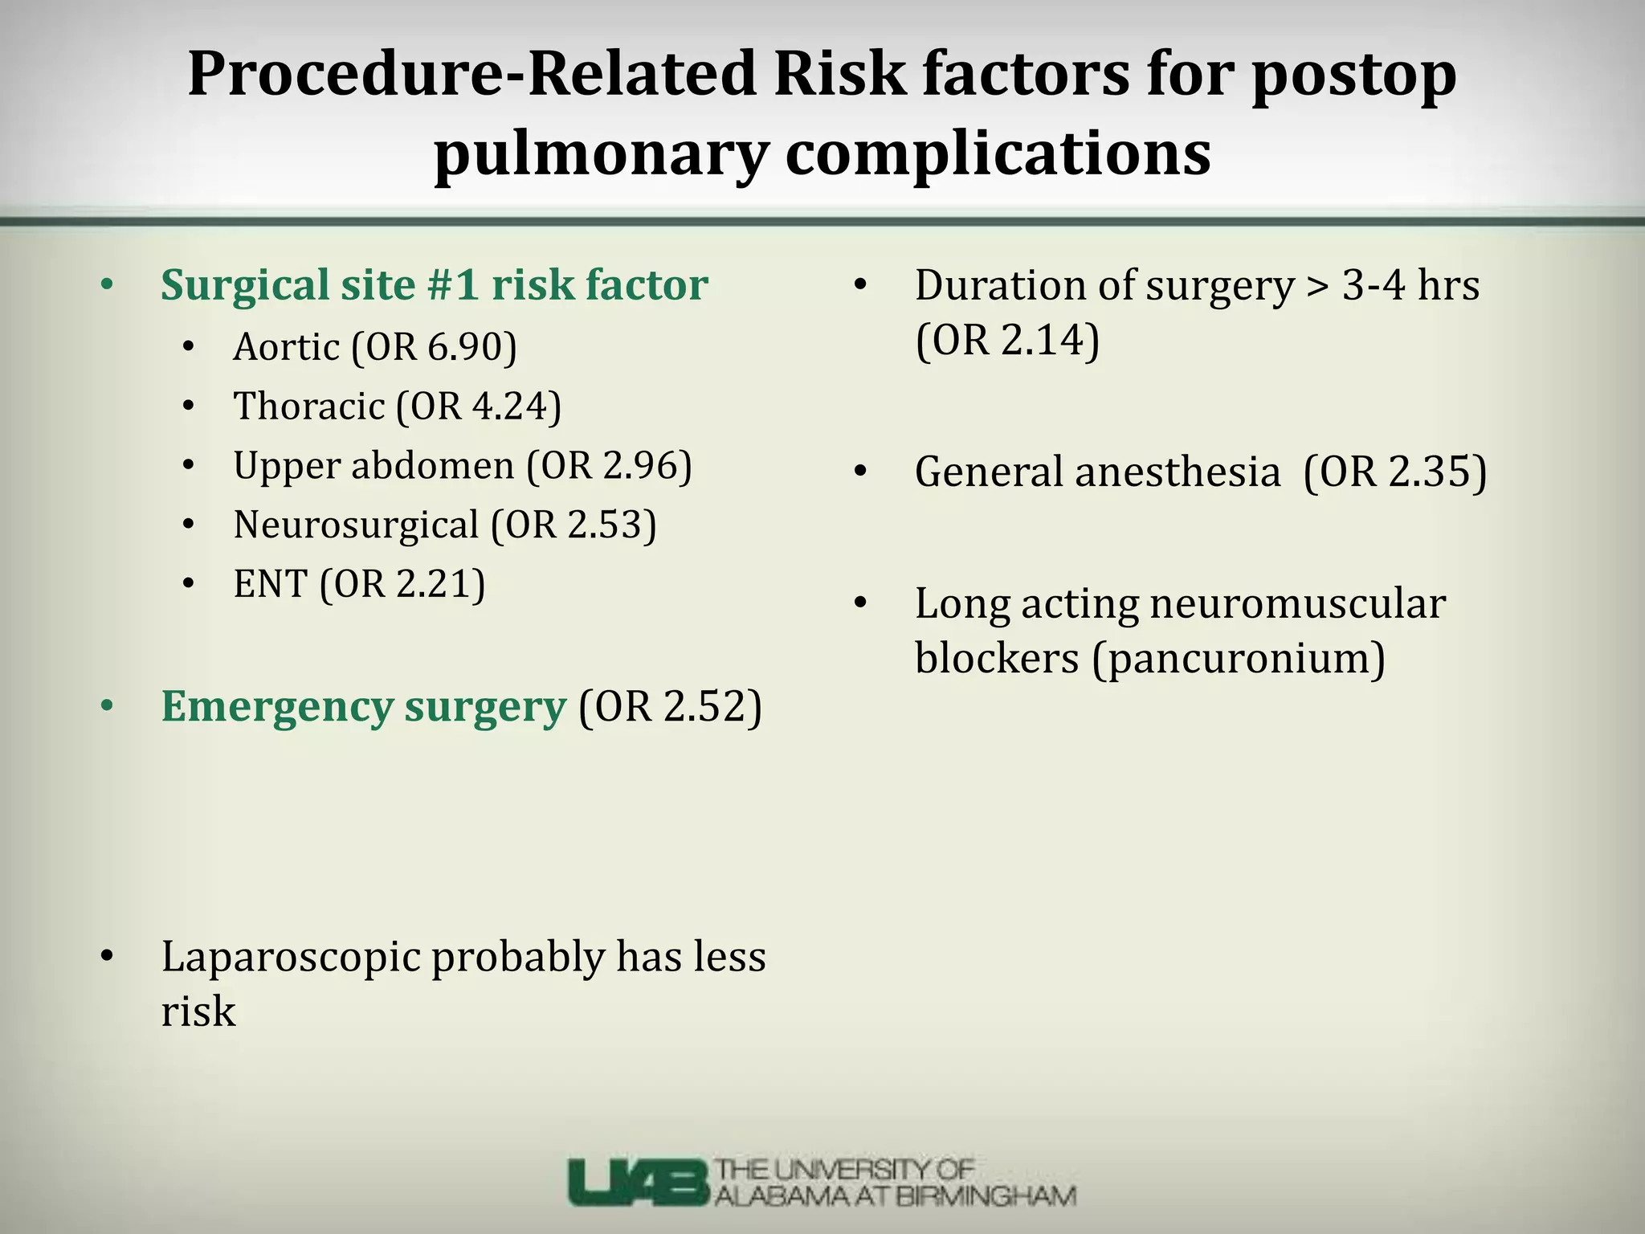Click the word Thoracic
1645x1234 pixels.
coord(308,406)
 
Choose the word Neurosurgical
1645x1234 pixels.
coord(355,525)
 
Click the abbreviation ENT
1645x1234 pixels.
coord(270,583)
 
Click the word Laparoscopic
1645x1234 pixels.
coord(290,957)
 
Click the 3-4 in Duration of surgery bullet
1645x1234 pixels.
coord(1374,285)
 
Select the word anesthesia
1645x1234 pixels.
coord(1177,472)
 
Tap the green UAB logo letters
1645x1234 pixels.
coord(639,1182)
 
